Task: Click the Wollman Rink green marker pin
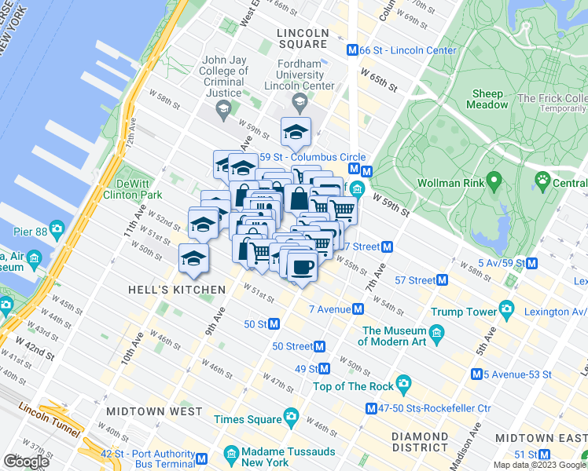coord(493,183)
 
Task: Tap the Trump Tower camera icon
coord(508,312)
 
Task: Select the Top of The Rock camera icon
coord(404,385)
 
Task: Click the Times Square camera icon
coord(292,415)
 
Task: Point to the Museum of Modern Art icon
coord(438,335)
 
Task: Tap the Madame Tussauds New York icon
coord(231,455)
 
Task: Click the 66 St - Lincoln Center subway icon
coord(353,50)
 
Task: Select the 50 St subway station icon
coord(274,323)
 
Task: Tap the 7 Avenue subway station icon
coord(358,309)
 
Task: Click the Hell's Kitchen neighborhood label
coord(177,290)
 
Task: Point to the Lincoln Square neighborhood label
coord(303,38)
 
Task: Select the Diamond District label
coord(424,442)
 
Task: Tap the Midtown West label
coord(154,411)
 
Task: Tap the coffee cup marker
coord(302,266)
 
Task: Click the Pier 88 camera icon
coord(56,230)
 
